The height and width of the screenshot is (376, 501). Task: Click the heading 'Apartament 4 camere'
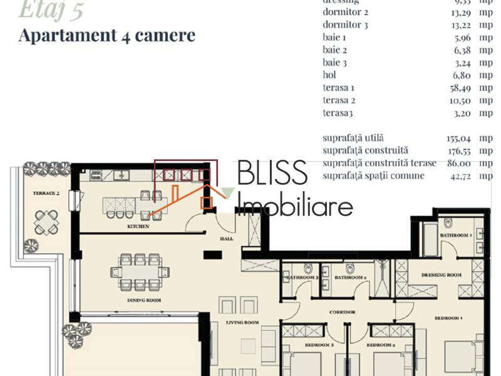(x=106, y=35)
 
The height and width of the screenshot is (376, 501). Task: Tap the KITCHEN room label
(x=138, y=226)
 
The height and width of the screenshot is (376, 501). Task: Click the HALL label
(x=226, y=239)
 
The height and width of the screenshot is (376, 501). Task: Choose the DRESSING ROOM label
(x=441, y=274)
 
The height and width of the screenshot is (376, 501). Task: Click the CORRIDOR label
(x=343, y=311)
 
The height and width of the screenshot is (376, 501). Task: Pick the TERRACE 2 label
(x=46, y=194)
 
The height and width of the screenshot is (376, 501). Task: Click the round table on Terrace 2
(x=44, y=221)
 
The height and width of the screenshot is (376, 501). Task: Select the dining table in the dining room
(x=140, y=271)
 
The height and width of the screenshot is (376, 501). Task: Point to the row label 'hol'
(x=329, y=75)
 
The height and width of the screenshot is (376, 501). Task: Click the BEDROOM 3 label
(x=319, y=345)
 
